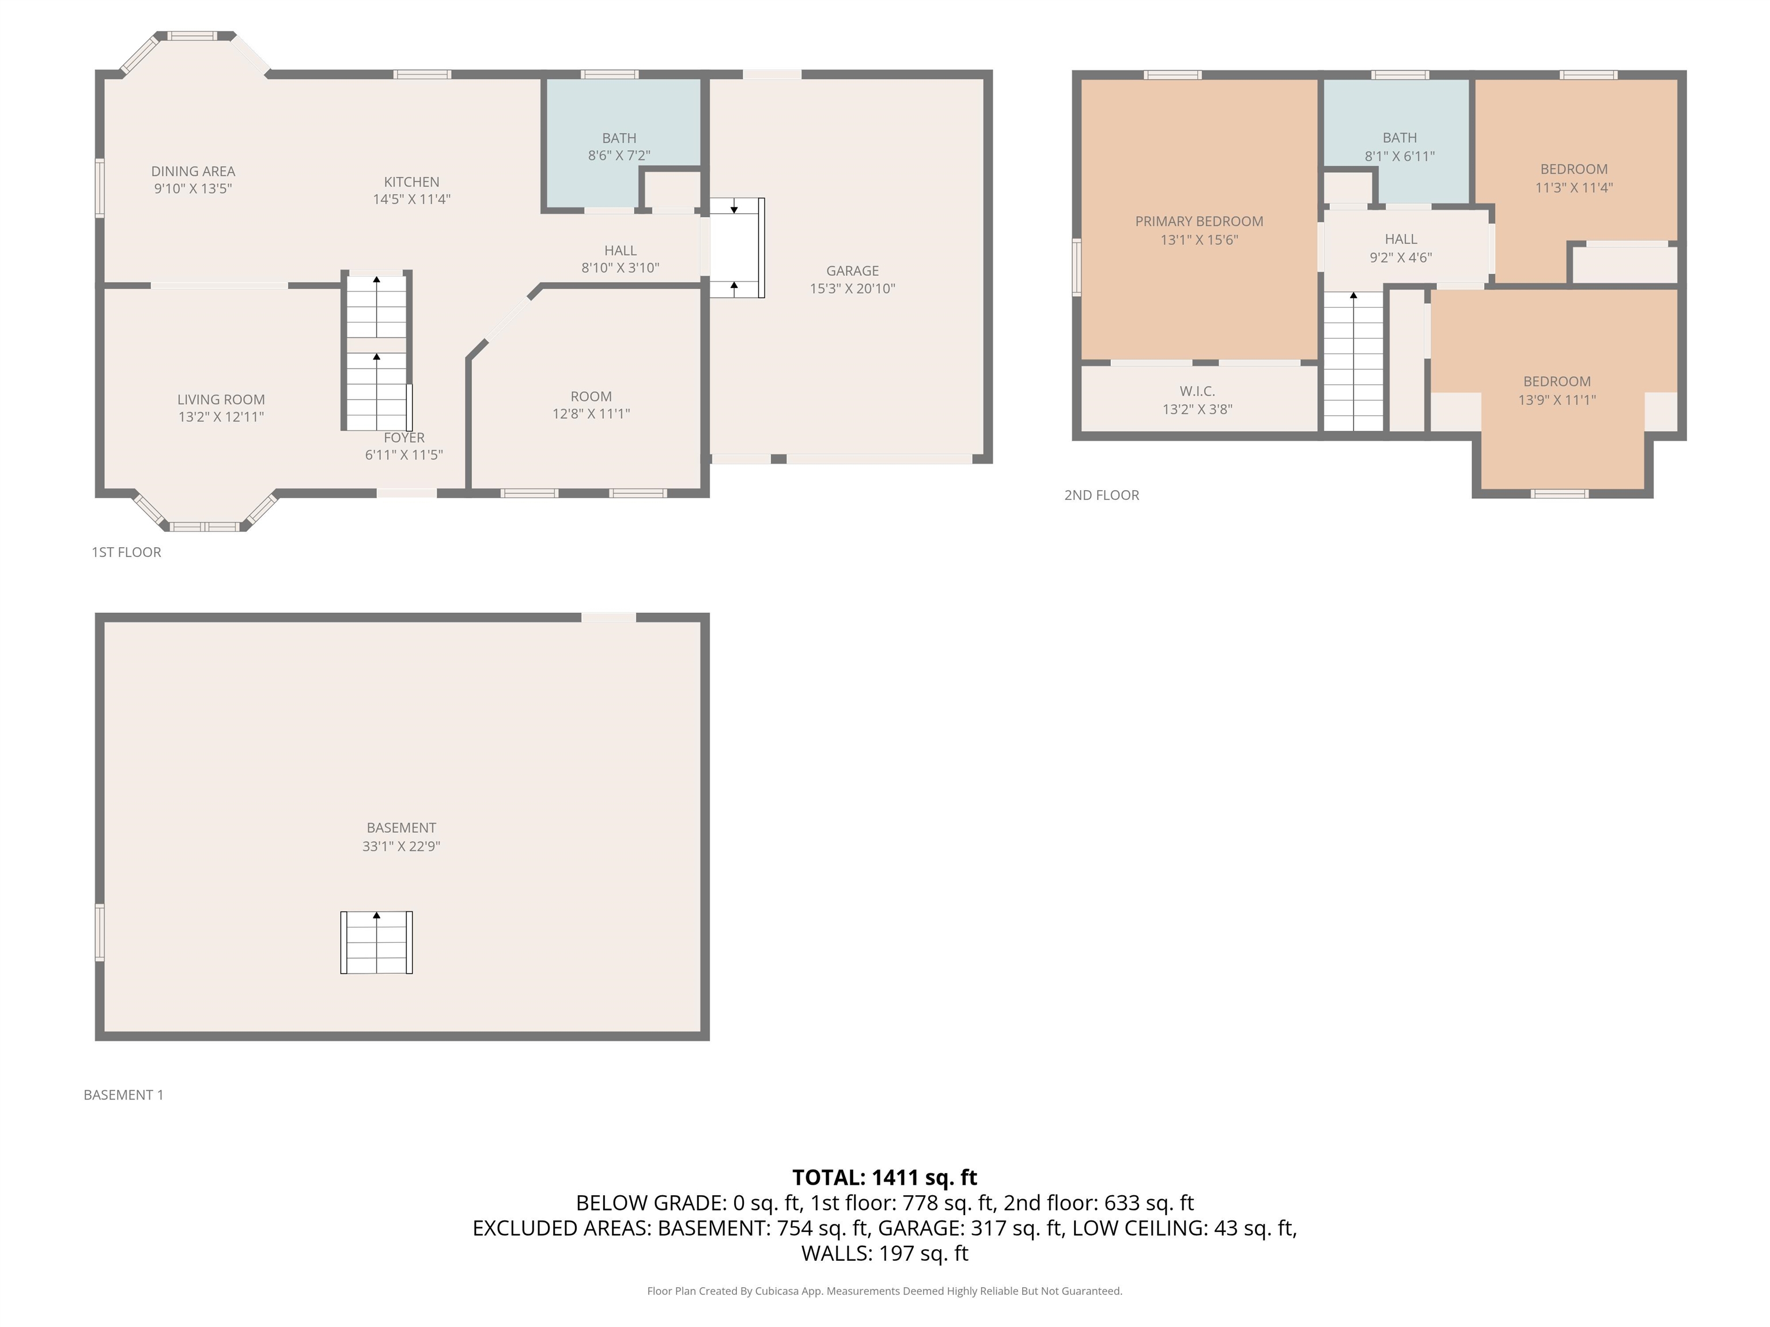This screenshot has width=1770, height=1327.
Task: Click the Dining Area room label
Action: click(x=193, y=171)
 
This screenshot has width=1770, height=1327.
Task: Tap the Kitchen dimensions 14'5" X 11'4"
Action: click(x=411, y=199)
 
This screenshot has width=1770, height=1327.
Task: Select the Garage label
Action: click(x=852, y=271)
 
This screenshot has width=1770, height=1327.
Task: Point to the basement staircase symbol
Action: click(x=376, y=942)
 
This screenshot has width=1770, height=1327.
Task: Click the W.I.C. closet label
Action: click(x=1197, y=391)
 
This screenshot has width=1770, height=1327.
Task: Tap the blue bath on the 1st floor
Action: click(x=622, y=144)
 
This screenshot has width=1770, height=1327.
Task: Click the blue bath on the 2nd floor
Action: click(x=1396, y=141)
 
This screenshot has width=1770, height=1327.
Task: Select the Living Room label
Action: click(x=221, y=400)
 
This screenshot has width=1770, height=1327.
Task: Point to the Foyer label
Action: click(x=404, y=438)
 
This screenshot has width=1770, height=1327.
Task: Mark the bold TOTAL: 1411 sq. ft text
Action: click(x=884, y=1177)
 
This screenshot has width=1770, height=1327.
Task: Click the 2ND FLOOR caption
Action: click(x=1101, y=495)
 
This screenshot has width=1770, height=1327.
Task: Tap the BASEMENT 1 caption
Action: click(x=123, y=1095)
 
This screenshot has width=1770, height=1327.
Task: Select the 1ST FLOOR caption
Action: click(x=126, y=552)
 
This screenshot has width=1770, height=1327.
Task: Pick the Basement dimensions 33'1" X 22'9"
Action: click(x=401, y=846)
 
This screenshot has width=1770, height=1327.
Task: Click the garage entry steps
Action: click(x=736, y=248)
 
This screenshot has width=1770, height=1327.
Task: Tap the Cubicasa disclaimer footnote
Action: click(x=884, y=1291)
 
